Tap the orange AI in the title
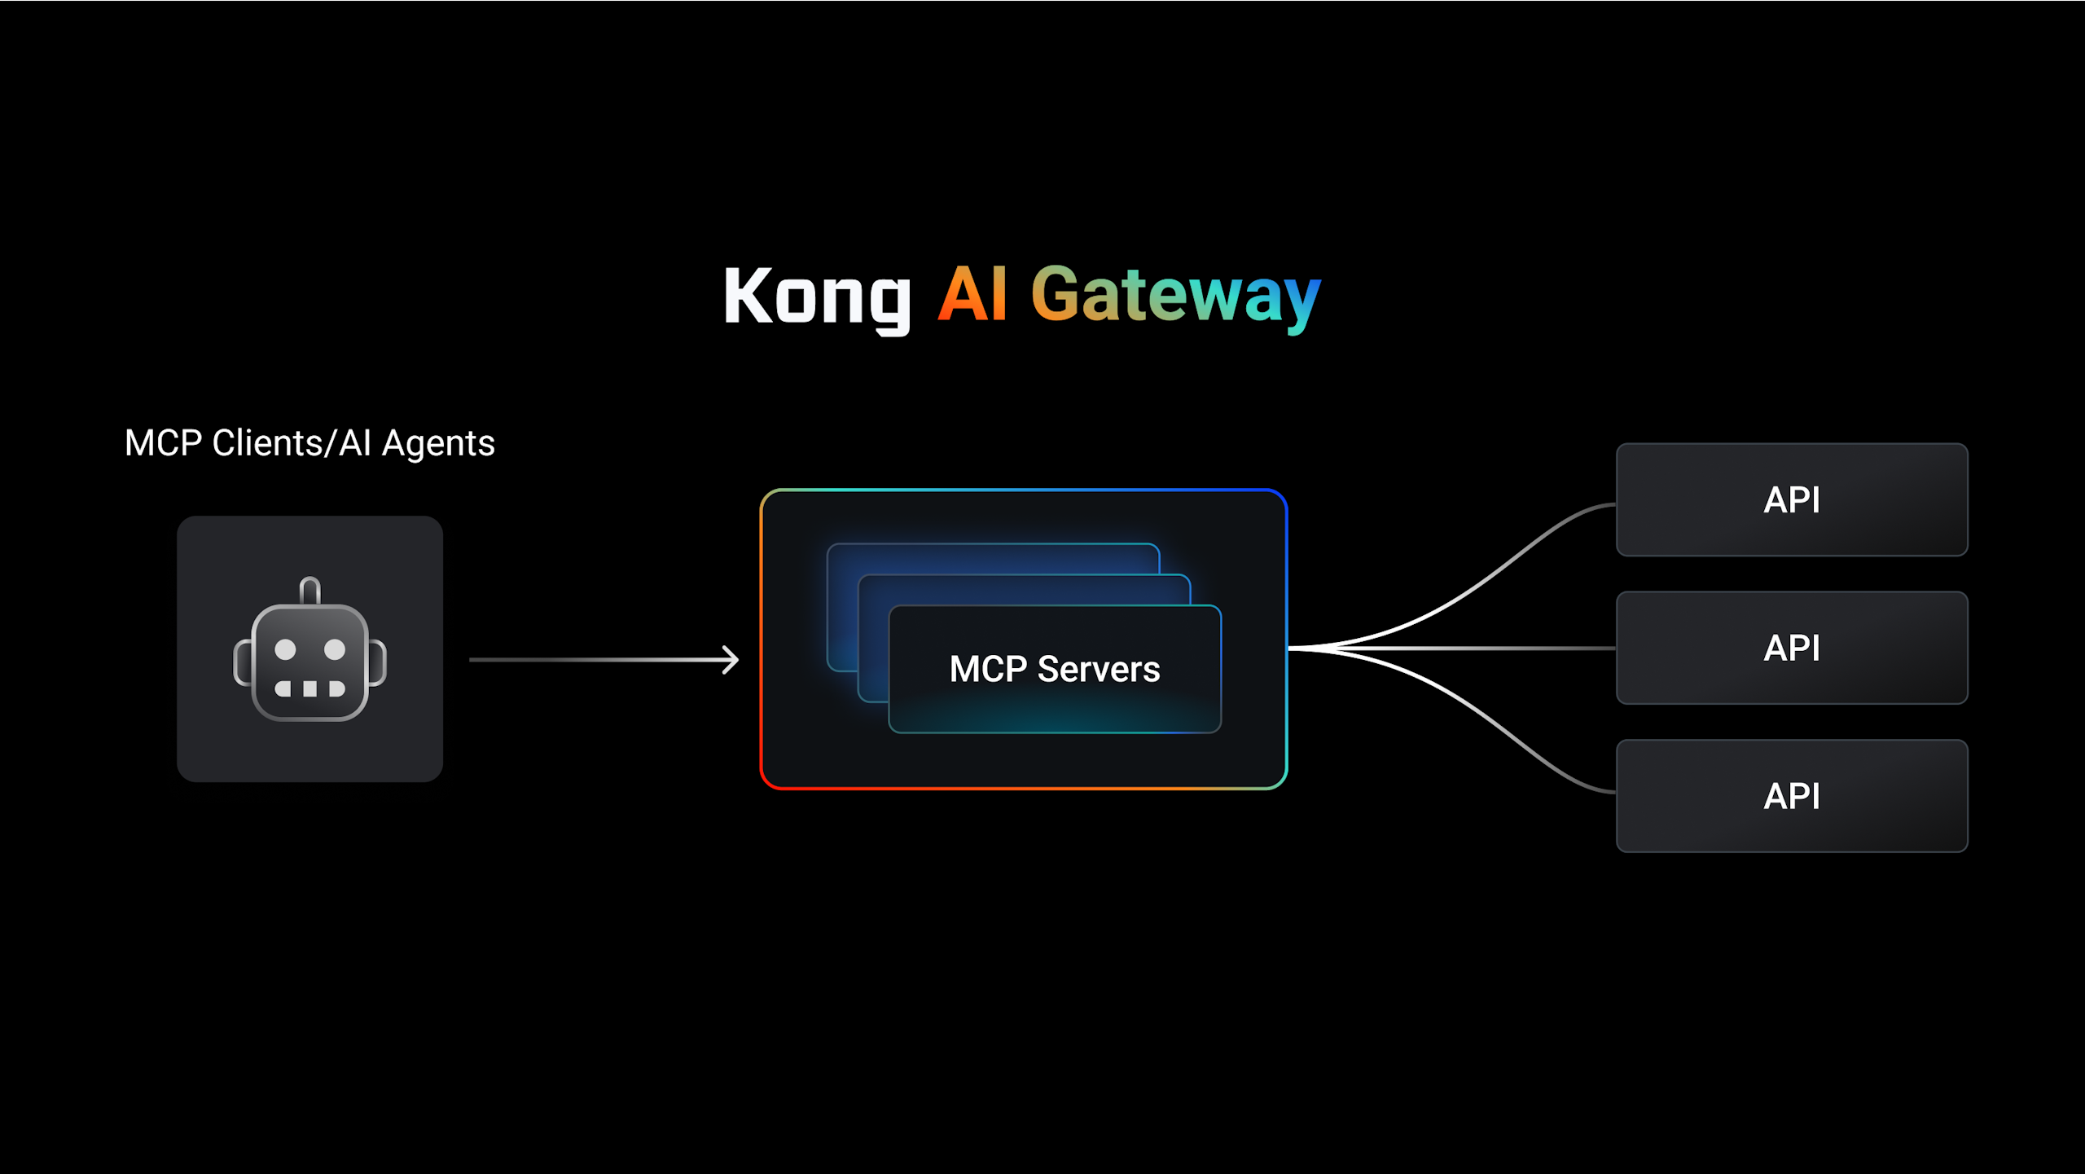coord(972,294)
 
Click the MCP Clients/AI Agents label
coord(309,443)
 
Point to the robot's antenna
coord(309,589)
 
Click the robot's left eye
coord(285,649)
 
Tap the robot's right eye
coord(335,649)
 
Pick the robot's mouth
coord(309,689)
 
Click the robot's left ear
coord(243,662)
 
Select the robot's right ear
coord(377,662)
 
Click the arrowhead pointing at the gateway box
coord(731,659)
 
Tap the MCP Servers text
coord(1054,669)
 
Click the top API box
coord(1792,499)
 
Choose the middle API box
coord(1792,648)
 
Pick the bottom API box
coord(1792,796)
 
